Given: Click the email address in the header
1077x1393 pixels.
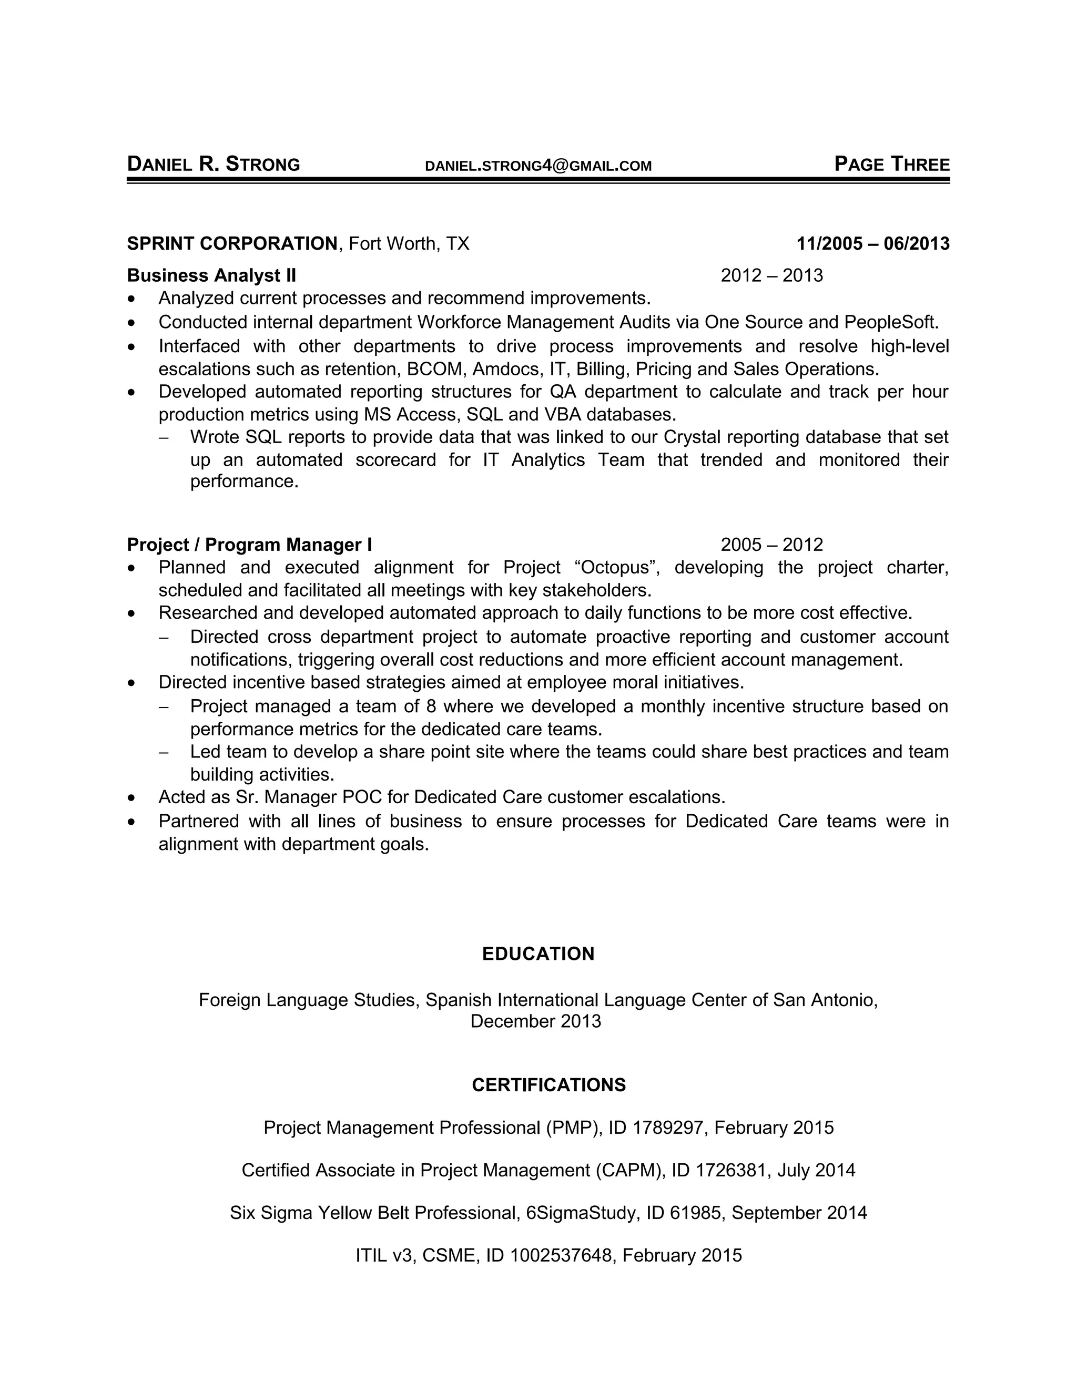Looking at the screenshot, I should click(x=538, y=166).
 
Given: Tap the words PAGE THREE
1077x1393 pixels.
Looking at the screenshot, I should click(x=891, y=165).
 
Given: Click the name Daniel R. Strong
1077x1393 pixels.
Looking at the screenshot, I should click(x=213, y=165).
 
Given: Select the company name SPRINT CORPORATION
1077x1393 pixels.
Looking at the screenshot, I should click(x=232, y=244).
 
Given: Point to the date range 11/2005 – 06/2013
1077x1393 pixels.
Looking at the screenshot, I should click(x=873, y=244).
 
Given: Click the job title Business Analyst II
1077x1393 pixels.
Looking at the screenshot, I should click(x=211, y=275).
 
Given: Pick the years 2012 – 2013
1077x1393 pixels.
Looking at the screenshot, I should click(x=771, y=275).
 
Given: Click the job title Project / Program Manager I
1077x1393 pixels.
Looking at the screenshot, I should click(x=249, y=545).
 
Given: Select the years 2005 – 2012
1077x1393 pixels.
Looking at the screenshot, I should click(x=771, y=545).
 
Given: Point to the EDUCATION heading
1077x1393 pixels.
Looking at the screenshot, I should click(x=538, y=954).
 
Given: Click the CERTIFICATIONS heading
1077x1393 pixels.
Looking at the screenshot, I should click(x=548, y=1085).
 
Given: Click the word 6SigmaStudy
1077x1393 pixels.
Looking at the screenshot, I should click(x=582, y=1213).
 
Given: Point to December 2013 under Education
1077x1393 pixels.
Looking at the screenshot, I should click(x=535, y=1021).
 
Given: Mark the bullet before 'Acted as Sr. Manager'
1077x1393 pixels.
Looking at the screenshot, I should click(x=131, y=798).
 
